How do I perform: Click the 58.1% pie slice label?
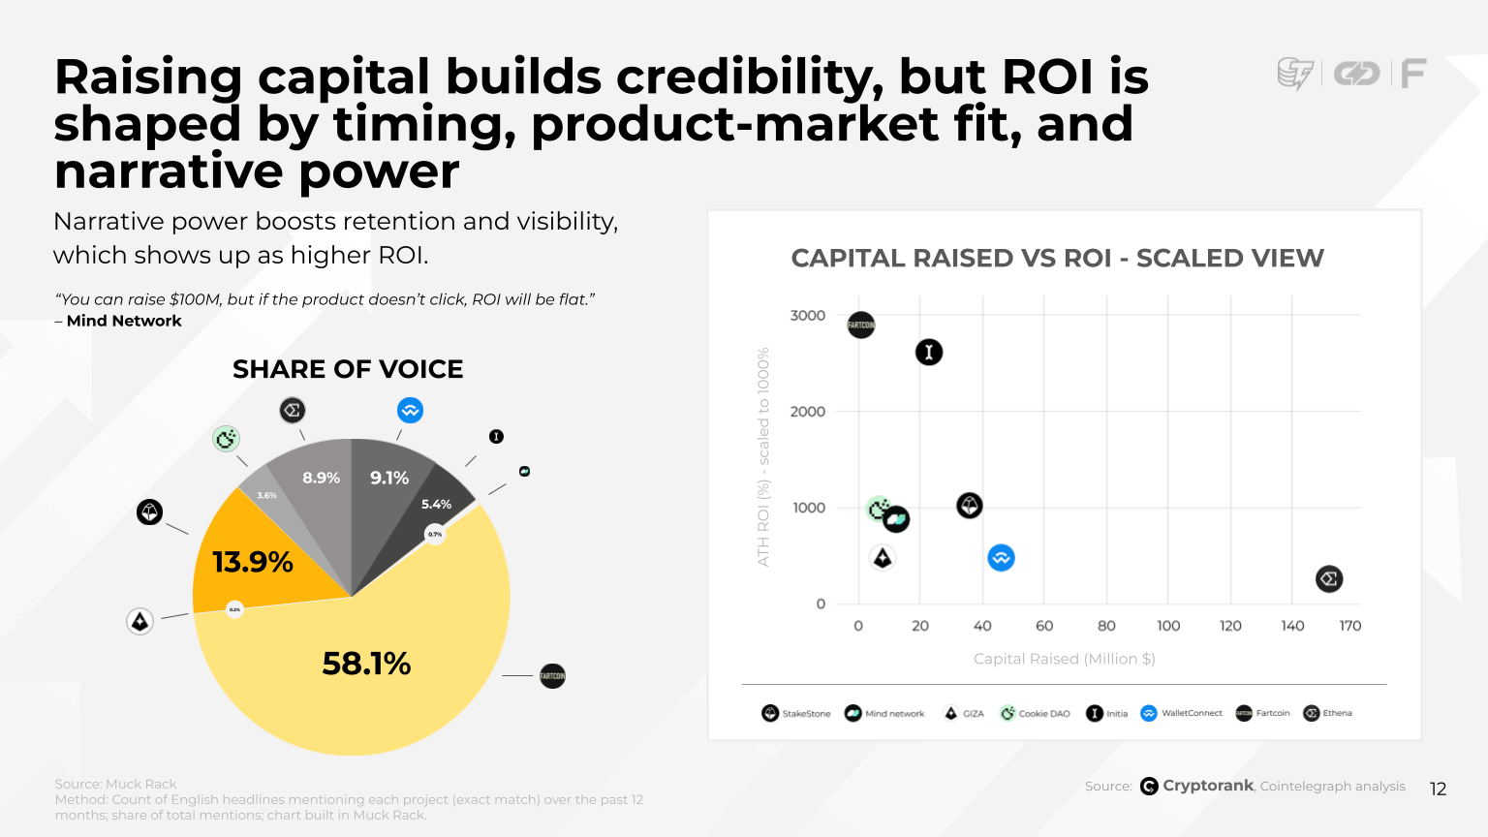[366, 664]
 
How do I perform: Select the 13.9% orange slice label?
[253, 562]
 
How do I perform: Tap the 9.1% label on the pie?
[389, 478]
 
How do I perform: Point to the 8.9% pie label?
[321, 478]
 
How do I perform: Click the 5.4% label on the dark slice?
[436, 504]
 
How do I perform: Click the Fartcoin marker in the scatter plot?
[861, 325]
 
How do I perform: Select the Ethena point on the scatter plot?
[1329, 579]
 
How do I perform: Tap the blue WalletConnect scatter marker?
[1001, 558]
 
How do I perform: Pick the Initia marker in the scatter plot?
[929, 352]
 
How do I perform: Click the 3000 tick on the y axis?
[808, 316]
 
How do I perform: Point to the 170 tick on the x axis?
[1350, 626]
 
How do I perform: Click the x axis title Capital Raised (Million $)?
[1064, 659]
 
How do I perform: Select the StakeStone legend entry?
[796, 714]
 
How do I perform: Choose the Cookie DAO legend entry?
[1035, 714]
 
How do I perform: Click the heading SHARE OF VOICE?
[348, 369]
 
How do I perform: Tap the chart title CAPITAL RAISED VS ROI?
[1057, 259]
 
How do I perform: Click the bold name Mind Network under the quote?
[124, 321]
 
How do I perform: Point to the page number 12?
[1438, 789]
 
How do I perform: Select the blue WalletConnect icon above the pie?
[411, 411]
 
